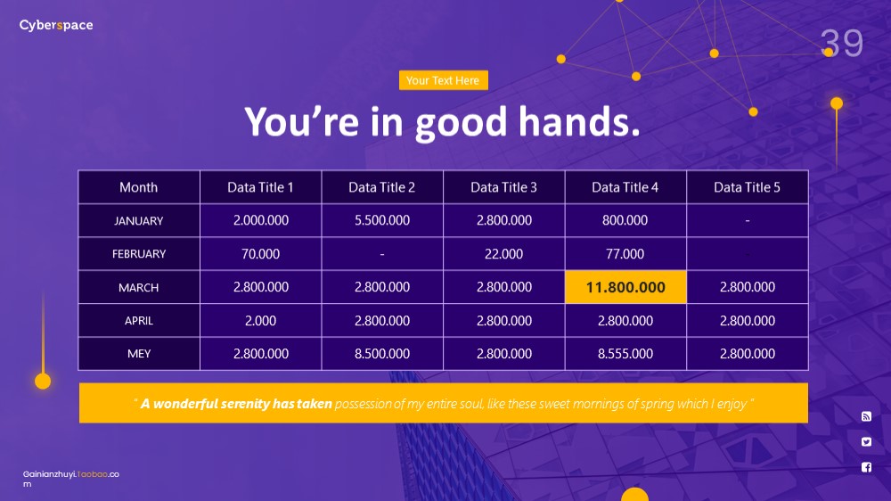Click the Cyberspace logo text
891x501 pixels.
[55, 25]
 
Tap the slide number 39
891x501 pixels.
[842, 43]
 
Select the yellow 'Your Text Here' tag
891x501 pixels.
[443, 80]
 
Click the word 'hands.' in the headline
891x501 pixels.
[579, 122]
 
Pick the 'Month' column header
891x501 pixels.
[139, 187]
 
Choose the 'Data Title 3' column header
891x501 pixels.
[503, 187]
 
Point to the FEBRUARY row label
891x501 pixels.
[139, 254]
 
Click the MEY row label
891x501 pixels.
[139, 354]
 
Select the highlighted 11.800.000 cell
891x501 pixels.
[625, 287]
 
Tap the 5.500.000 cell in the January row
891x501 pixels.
[382, 220]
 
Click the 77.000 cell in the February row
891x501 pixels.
[625, 254]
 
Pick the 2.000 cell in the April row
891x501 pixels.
[260, 321]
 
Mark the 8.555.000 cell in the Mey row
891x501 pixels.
[625, 354]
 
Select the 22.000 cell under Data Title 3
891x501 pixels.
[503, 254]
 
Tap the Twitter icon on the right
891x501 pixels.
[866, 442]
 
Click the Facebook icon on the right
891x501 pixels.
[866, 467]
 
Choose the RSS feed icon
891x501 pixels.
[866, 416]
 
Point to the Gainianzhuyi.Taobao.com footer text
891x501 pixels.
[70, 479]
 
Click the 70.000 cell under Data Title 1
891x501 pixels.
[260, 254]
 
